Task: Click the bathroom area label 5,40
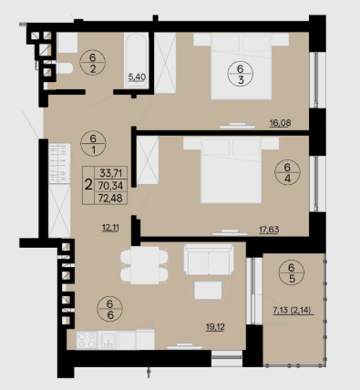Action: point(137,77)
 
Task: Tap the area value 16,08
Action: point(280,123)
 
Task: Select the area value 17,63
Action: point(269,230)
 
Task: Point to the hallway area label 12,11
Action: point(110,227)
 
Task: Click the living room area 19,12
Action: point(215,327)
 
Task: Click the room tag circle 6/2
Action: point(93,63)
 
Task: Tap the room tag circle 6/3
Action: point(241,74)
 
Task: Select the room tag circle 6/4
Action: point(287,172)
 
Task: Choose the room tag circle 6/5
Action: point(292,273)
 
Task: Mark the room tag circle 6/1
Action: point(93,144)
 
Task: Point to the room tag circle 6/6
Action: point(110,309)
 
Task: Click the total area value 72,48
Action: point(111,199)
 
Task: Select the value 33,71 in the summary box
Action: point(111,173)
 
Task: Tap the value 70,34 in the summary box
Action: point(111,186)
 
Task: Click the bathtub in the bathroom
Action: point(136,60)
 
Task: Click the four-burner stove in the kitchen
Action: point(87,340)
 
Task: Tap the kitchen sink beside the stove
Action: point(108,340)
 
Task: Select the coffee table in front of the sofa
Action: point(208,291)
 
